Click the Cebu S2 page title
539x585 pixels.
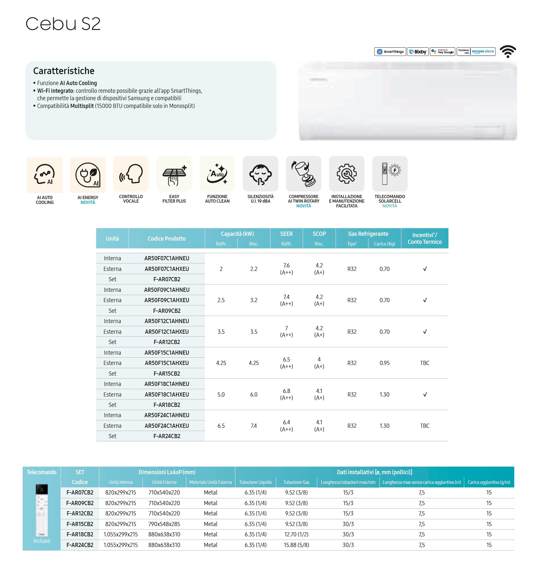(x=63, y=24)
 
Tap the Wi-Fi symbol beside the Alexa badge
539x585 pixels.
(x=508, y=51)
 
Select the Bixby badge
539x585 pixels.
(x=418, y=52)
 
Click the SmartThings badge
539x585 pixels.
(x=390, y=52)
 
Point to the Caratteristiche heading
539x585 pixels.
(x=64, y=71)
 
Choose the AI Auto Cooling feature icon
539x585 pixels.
(x=45, y=175)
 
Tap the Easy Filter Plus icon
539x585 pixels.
(x=174, y=174)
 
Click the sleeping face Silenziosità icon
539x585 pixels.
(x=260, y=174)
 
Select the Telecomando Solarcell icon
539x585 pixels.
(x=390, y=174)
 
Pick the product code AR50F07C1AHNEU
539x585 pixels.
(x=167, y=258)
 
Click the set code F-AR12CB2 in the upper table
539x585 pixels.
(x=167, y=342)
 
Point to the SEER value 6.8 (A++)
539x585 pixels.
(x=286, y=394)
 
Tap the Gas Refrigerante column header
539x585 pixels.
(x=368, y=234)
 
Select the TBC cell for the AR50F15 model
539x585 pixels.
(x=425, y=363)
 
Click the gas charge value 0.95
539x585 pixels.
(x=384, y=363)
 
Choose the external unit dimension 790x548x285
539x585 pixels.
(x=164, y=524)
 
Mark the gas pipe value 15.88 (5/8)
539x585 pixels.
(x=296, y=545)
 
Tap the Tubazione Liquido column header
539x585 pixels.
(x=255, y=482)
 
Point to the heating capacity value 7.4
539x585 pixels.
(x=254, y=426)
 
